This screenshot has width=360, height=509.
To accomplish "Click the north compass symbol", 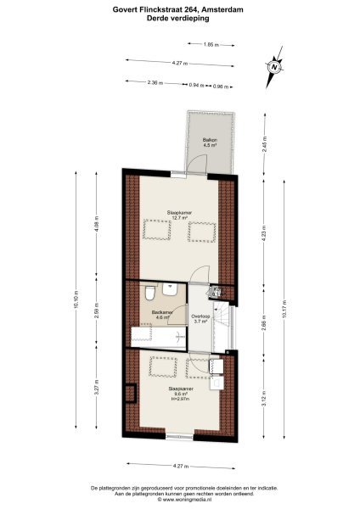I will (274, 66).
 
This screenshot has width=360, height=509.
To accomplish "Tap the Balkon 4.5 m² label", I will (210, 143).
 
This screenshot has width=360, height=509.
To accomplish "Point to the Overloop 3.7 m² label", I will (200, 319).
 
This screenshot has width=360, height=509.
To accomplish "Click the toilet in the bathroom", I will (148, 294).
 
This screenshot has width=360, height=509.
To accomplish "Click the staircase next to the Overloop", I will (222, 327).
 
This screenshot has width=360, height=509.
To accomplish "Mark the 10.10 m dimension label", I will (77, 301).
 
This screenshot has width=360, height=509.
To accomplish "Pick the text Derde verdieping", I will (179, 19).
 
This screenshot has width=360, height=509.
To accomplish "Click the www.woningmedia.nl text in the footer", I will (179, 501).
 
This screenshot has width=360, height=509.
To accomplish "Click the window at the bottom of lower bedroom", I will (179, 436).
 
